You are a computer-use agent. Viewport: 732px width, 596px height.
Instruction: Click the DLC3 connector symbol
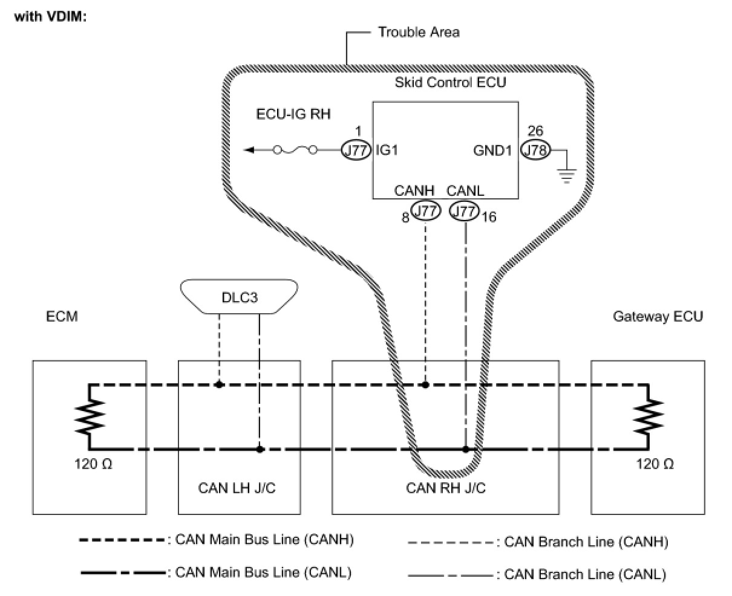pos(239,298)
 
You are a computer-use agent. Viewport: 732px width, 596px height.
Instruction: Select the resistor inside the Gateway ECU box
pos(649,417)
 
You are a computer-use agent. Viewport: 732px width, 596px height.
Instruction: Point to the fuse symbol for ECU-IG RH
pos(295,150)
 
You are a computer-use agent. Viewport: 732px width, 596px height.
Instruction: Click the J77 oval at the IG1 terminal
pos(355,150)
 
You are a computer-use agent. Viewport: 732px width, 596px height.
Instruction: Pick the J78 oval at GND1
pos(535,149)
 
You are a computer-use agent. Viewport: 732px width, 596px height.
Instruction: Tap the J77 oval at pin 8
pos(426,211)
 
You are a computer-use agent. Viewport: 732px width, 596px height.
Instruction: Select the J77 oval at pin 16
pos(465,211)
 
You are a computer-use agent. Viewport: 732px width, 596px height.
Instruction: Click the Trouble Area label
pos(419,32)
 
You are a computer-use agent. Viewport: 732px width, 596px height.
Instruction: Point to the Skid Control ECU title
pos(450,82)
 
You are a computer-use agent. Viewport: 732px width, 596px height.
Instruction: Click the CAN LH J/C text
pos(237,488)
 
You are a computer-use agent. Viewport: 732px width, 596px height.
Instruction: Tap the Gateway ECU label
pos(658,316)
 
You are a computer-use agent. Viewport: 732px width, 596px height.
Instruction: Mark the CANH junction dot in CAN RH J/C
pos(426,384)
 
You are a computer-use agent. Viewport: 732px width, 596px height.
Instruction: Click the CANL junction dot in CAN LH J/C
pos(260,449)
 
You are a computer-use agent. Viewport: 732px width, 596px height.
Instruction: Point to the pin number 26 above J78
pos(535,131)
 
